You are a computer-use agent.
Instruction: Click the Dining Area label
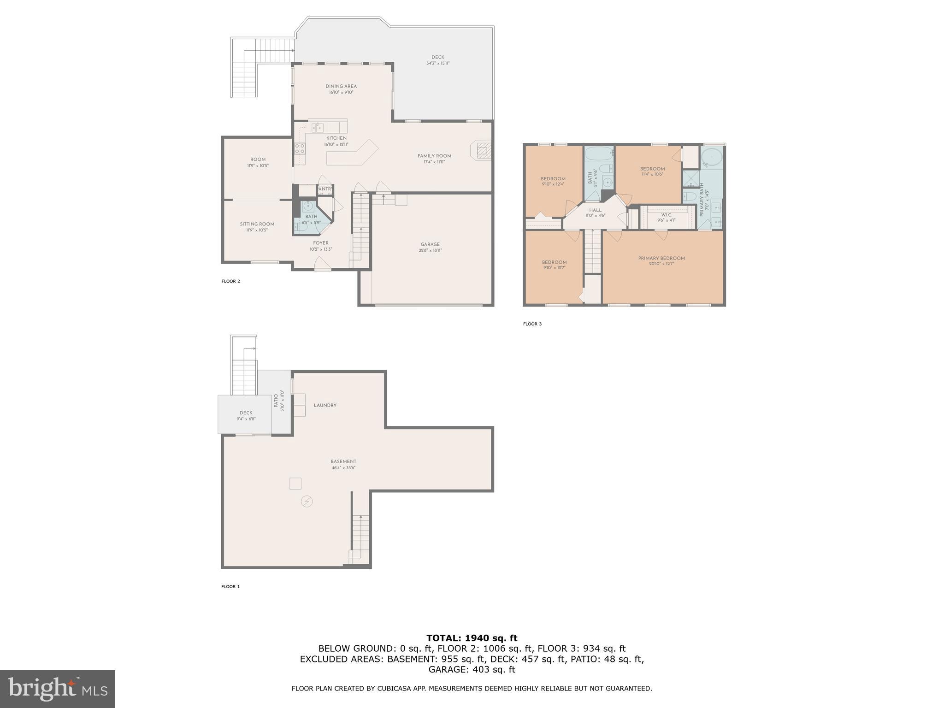(x=341, y=86)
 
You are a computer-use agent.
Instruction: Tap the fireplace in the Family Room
(x=482, y=151)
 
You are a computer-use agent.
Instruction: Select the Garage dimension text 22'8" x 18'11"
(x=430, y=250)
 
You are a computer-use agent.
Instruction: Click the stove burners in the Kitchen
(x=300, y=148)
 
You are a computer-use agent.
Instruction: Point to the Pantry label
(x=325, y=189)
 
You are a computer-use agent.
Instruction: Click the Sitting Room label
(x=257, y=224)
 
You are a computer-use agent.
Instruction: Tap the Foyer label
(x=321, y=243)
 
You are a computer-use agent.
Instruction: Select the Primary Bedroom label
(x=661, y=258)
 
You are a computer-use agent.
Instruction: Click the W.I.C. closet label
(x=666, y=215)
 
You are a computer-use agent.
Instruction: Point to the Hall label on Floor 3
(x=595, y=210)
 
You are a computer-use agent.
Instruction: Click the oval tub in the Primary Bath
(x=712, y=157)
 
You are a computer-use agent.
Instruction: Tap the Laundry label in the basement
(x=325, y=405)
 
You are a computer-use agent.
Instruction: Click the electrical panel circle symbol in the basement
(x=307, y=501)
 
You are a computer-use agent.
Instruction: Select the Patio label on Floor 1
(x=276, y=401)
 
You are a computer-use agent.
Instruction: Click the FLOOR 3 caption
(x=532, y=324)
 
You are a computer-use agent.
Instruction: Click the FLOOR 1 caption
(x=230, y=587)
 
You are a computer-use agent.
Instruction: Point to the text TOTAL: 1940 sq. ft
(x=472, y=638)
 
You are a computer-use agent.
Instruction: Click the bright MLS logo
(x=57, y=689)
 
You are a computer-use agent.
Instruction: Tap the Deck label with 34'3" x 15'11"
(x=438, y=58)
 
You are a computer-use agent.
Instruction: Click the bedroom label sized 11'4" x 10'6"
(x=652, y=169)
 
